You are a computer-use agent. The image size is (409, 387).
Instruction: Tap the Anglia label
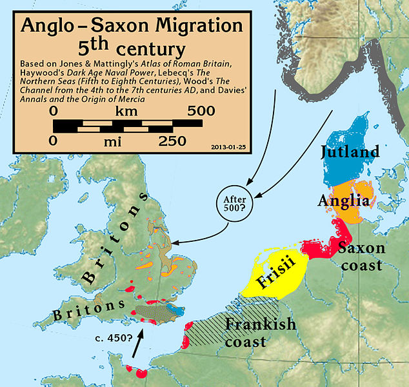click(x=343, y=201)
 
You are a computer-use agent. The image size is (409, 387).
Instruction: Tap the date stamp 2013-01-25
click(x=228, y=146)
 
